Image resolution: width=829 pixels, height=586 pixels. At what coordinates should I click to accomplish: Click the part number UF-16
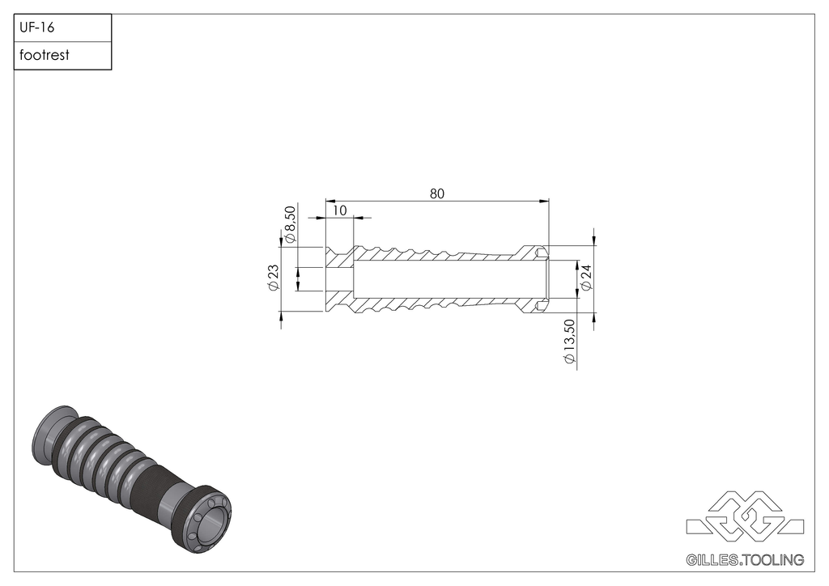tap(36, 28)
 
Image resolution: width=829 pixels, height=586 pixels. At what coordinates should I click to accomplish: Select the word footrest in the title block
tap(45, 56)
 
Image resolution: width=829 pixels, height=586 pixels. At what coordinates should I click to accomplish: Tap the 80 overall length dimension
tap(437, 193)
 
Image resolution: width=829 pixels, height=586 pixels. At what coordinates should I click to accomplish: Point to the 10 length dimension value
tap(339, 210)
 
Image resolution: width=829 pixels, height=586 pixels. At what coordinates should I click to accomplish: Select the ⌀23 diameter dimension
tap(273, 278)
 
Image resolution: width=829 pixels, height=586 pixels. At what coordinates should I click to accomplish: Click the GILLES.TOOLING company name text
tap(744, 559)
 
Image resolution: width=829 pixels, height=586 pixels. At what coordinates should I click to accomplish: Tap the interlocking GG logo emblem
tap(745, 516)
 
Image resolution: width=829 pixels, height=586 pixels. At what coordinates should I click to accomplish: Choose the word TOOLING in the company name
tap(773, 559)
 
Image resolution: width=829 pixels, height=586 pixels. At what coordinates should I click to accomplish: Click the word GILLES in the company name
tap(711, 559)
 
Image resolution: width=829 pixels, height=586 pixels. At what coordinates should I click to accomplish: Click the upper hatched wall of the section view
tap(437, 254)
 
